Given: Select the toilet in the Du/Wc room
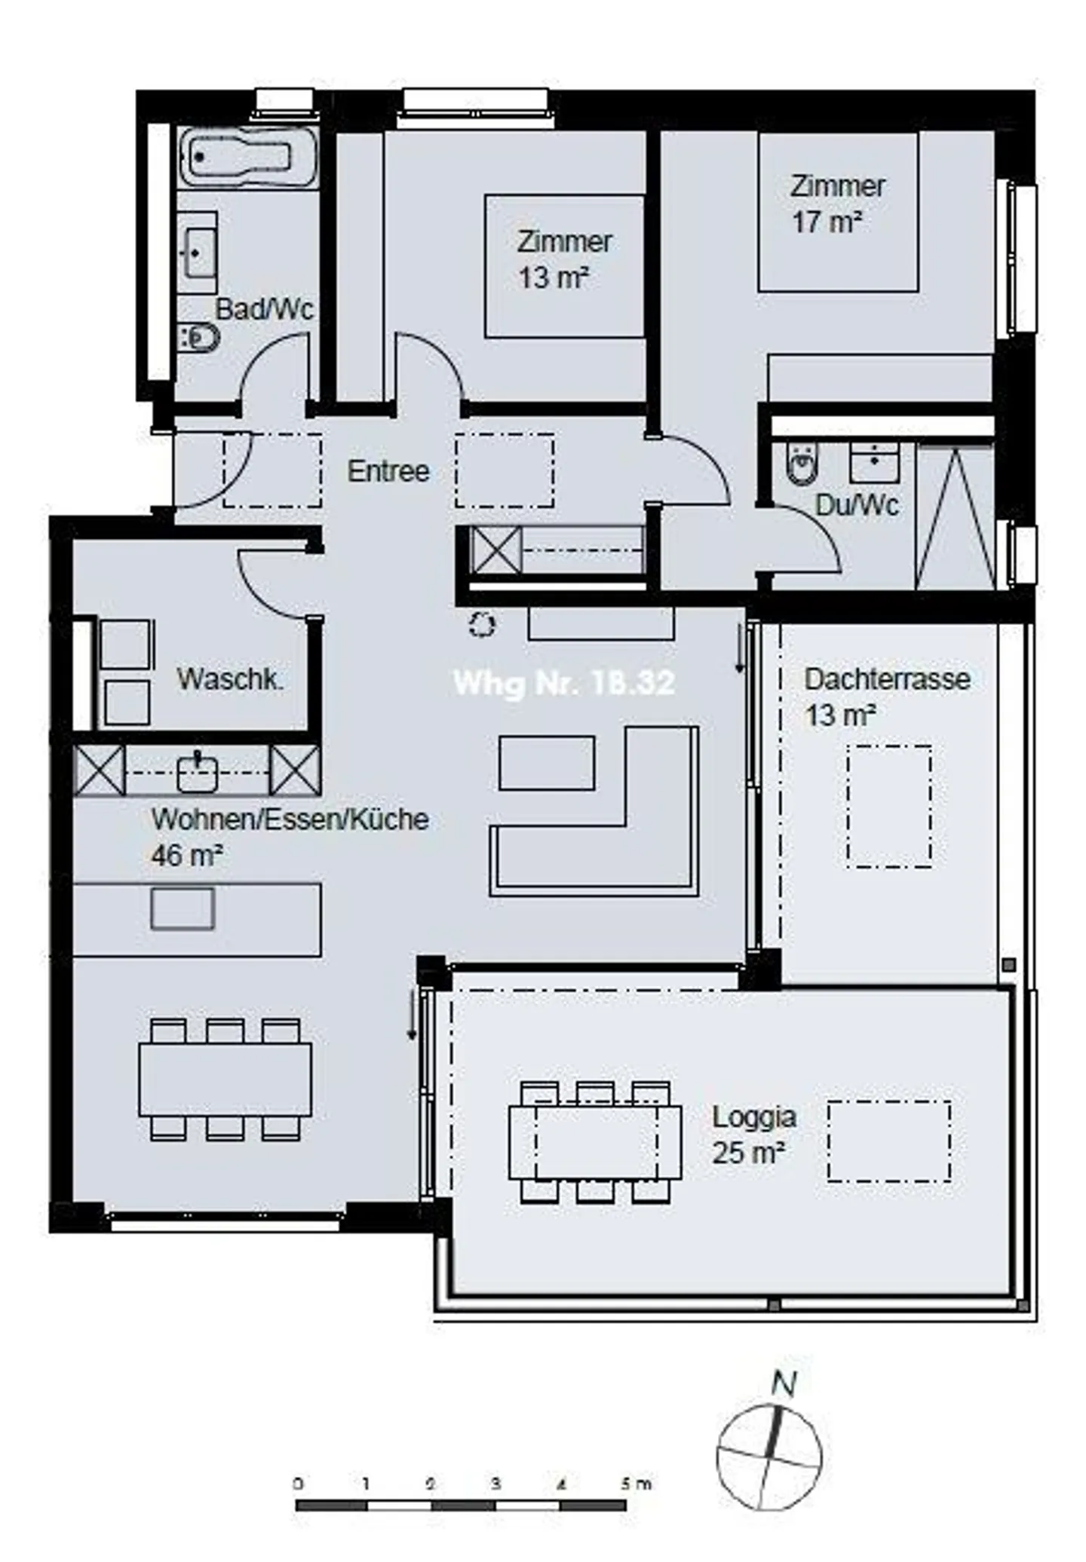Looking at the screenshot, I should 802,464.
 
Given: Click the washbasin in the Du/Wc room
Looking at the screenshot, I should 874,462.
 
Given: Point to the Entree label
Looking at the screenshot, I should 388,471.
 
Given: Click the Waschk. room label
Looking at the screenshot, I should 230,678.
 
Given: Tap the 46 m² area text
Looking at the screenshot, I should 186,856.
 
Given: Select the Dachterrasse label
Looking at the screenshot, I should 887,678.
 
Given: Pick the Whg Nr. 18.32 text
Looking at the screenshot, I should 563,683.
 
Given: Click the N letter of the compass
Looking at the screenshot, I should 784,1384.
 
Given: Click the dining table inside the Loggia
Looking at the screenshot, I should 594,1142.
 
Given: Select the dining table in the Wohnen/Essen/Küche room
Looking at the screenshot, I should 225,1080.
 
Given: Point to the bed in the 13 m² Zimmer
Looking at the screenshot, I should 564,265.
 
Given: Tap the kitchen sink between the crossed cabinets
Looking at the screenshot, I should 197,772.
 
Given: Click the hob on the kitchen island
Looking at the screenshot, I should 183,908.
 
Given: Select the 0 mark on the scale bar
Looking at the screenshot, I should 299,1484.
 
